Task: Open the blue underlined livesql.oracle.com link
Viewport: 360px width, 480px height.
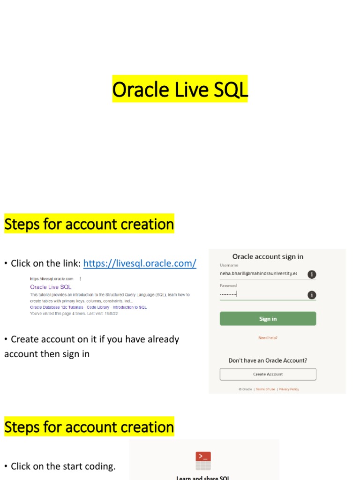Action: (x=140, y=263)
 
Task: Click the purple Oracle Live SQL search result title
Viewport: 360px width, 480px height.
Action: (x=51, y=287)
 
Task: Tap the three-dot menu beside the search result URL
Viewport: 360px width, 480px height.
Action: (x=81, y=278)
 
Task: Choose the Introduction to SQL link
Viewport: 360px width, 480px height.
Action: (x=130, y=307)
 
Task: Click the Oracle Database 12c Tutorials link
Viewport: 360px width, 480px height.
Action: (x=56, y=307)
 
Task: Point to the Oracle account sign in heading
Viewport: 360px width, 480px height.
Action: (x=268, y=256)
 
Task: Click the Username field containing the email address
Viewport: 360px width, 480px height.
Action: (x=259, y=273)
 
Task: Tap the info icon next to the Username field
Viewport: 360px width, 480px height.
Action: (x=312, y=274)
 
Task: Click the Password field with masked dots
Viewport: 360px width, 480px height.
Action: (x=259, y=294)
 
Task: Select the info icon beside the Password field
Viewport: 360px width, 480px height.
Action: (x=312, y=295)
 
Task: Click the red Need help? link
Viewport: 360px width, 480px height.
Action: (x=268, y=337)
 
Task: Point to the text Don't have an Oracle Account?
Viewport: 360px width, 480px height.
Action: (x=268, y=360)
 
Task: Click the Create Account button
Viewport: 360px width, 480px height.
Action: (x=268, y=374)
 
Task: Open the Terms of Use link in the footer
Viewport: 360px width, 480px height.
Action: (x=265, y=389)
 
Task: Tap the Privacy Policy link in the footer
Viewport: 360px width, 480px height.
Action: (x=289, y=389)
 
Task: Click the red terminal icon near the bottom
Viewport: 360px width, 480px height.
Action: (x=203, y=457)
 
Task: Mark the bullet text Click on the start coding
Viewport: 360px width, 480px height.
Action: (x=63, y=466)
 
